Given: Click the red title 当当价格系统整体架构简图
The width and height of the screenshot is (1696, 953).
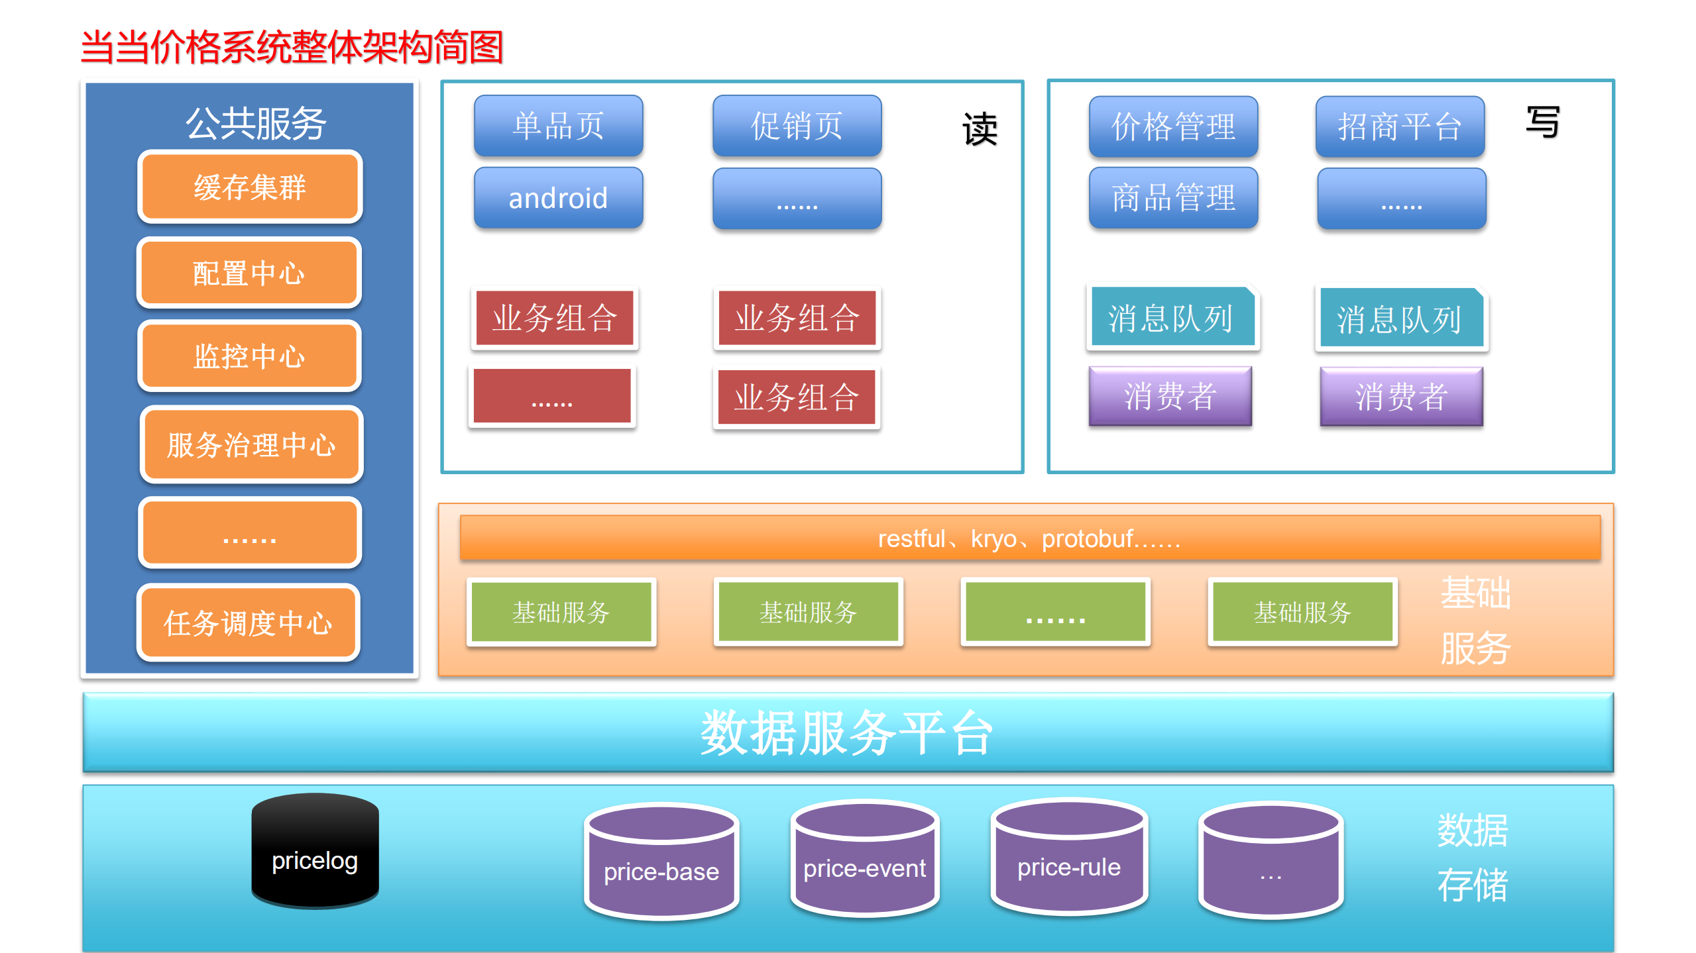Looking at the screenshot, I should pyautogui.click(x=292, y=48).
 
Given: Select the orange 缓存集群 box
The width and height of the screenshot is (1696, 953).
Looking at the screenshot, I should pyautogui.click(x=250, y=187).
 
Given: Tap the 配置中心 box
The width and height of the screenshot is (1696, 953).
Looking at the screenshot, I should pyautogui.click(x=249, y=273).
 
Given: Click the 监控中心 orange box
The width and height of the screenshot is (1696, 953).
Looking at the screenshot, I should pyautogui.click(x=249, y=356).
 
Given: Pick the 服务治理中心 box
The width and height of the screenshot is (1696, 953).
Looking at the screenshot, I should pyautogui.click(x=251, y=444).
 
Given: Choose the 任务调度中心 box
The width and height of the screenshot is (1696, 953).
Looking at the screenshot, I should pyautogui.click(x=249, y=623).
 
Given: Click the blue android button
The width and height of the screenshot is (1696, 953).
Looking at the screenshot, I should pyautogui.click(x=558, y=198).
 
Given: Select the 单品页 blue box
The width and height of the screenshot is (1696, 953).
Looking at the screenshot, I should pyautogui.click(x=558, y=126).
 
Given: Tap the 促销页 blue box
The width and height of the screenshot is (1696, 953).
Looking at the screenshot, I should pyautogui.click(x=797, y=126).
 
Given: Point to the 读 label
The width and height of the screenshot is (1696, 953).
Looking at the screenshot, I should pyautogui.click(x=980, y=128).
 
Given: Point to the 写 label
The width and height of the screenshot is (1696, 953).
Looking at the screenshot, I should pyautogui.click(x=1542, y=122).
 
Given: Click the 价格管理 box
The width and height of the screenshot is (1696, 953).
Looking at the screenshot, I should pyautogui.click(x=1173, y=126).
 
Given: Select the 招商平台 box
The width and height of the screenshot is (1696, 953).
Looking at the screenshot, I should pyautogui.click(x=1400, y=126).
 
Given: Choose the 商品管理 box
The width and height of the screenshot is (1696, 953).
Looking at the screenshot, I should pyautogui.click(x=1173, y=198).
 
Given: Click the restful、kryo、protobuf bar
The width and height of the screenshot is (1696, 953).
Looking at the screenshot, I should pyautogui.click(x=1029, y=538).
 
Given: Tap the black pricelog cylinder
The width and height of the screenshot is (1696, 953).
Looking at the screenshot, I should pyautogui.click(x=315, y=851).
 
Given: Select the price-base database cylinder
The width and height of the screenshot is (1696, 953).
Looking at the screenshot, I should pyautogui.click(x=661, y=861).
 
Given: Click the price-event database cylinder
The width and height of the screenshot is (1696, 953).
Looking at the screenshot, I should pyautogui.click(x=864, y=858).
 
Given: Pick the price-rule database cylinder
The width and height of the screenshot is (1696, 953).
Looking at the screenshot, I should pyautogui.click(x=1069, y=857).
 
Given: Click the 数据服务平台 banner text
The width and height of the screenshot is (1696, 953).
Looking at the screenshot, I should pyautogui.click(x=847, y=732).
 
